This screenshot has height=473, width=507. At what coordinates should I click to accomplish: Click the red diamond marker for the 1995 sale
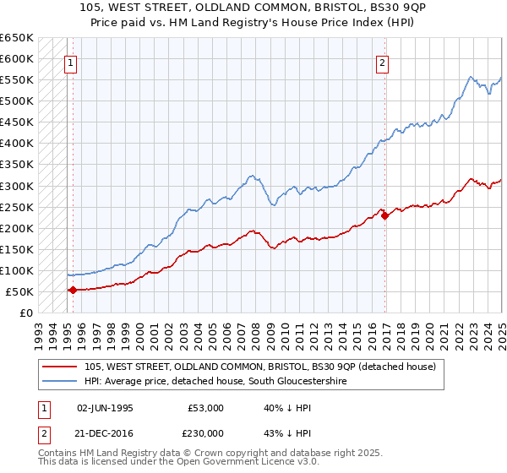[x=73, y=290]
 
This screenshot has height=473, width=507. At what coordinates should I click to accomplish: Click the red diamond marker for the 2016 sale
[x=385, y=215]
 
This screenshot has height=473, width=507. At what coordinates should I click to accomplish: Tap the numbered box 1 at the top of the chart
[x=70, y=62]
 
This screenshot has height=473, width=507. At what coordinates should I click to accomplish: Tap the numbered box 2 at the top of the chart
[x=383, y=62]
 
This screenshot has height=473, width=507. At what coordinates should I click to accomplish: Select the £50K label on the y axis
[x=20, y=291]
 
